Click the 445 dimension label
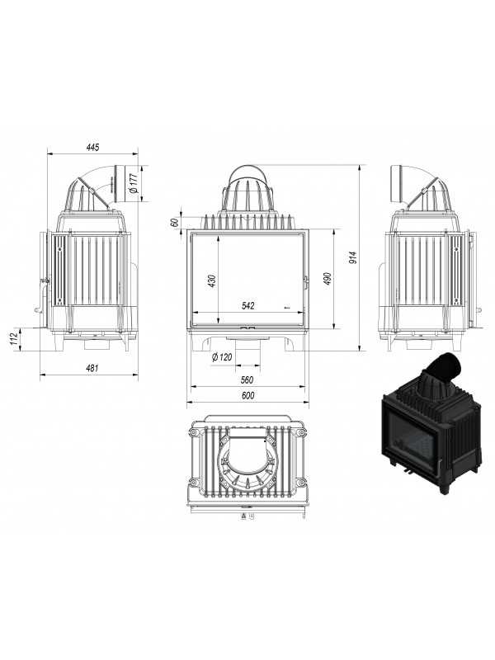[92, 147]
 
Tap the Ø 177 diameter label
[134, 183]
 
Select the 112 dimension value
[13, 339]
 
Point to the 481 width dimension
[92, 368]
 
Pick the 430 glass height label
[212, 280]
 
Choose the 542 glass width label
[248, 305]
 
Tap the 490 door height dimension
[328, 279]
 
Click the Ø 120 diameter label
[222, 357]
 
